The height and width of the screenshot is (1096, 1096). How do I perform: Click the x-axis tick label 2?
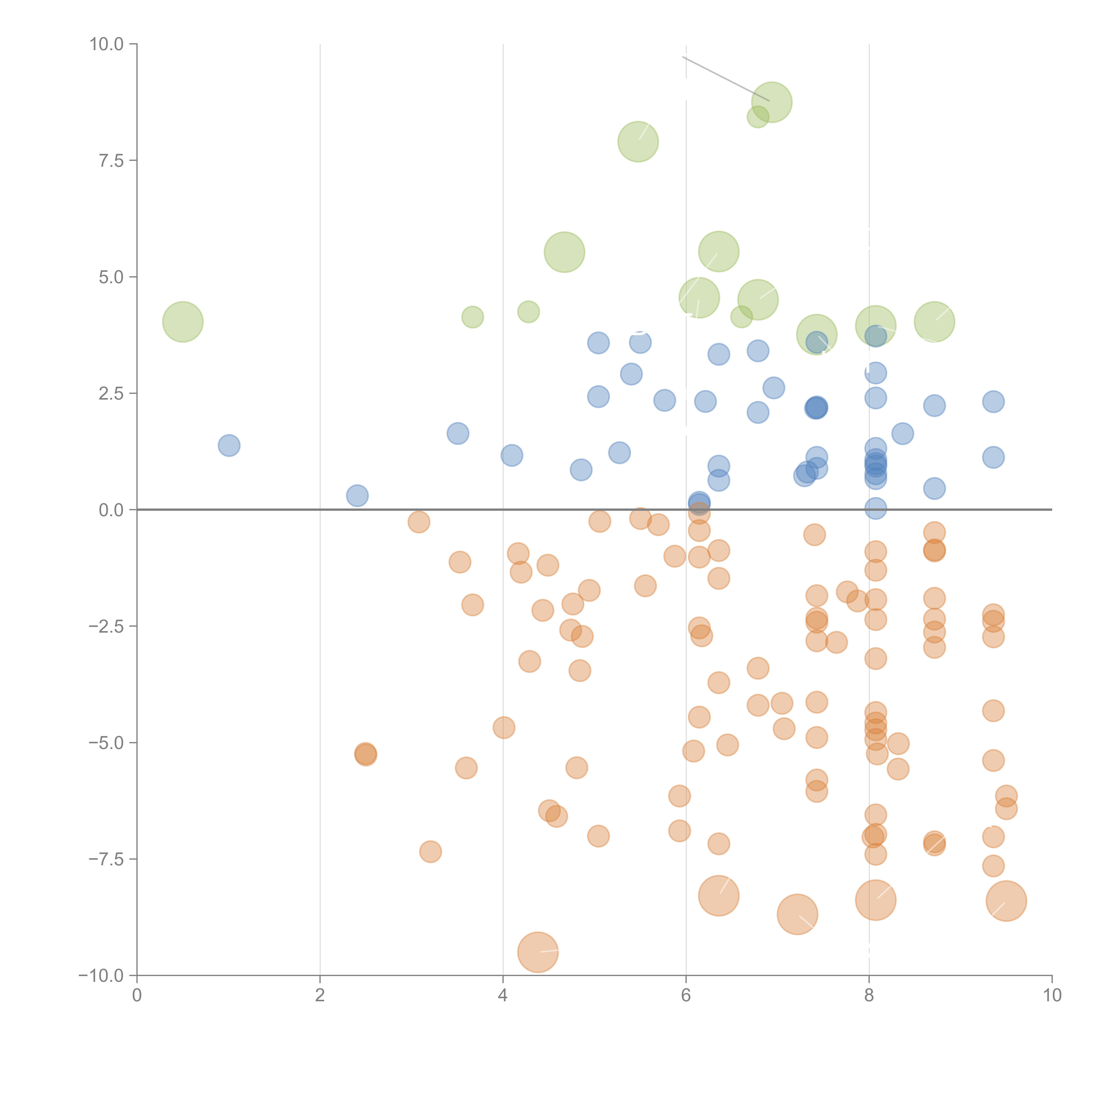(320, 996)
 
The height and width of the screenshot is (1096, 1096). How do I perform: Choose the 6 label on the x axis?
(686, 996)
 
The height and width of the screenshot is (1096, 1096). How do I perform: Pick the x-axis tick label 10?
(1052, 996)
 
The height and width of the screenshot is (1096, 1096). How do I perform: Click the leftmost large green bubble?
(183, 322)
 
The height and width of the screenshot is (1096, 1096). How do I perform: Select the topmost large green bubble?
(772, 102)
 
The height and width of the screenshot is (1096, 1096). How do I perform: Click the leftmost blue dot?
(229, 445)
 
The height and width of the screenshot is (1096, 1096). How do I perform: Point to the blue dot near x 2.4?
(357, 495)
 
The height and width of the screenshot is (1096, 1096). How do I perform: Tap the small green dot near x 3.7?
(473, 317)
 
